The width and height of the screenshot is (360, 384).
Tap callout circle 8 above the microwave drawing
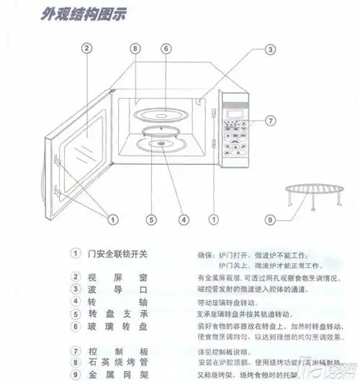click(x=134, y=49)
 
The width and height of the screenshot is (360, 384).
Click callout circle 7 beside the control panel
click(x=270, y=121)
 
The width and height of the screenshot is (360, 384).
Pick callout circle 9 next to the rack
click(x=270, y=219)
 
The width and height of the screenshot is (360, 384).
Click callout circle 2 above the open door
click(x=86, y=49)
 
